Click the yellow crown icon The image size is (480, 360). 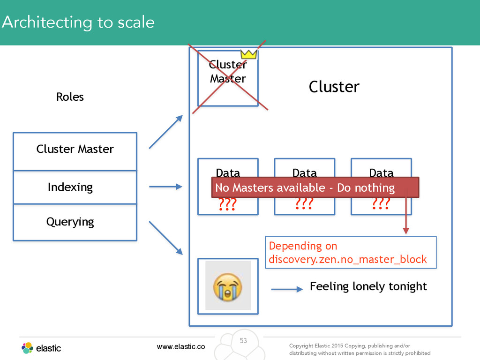[x=248, y=54]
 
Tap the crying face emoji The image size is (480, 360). [x=227, y=287]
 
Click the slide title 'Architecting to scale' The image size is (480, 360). [x=78, y=22]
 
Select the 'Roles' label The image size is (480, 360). [x=70, y=97]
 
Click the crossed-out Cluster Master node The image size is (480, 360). [x=228, y=78]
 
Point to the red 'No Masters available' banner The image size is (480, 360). [x=315, y=187]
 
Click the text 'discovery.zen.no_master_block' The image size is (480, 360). [x=347, y=259]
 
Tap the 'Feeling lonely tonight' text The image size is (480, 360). [x=368, y=286]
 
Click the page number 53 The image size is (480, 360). [x=243, y=341]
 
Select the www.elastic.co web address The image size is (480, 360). [x=181, y=346]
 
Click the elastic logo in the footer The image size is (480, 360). [x=41, y=348]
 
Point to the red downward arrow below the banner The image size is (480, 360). [x=406, y=212]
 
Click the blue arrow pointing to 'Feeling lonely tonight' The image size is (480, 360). [x=287, y=289]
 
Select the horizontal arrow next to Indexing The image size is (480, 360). [x=165, y=187]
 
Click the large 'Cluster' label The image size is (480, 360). [x=334, y=87]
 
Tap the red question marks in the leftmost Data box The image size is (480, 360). [x=227, y=204]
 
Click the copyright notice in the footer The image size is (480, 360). [x=360, y=349]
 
